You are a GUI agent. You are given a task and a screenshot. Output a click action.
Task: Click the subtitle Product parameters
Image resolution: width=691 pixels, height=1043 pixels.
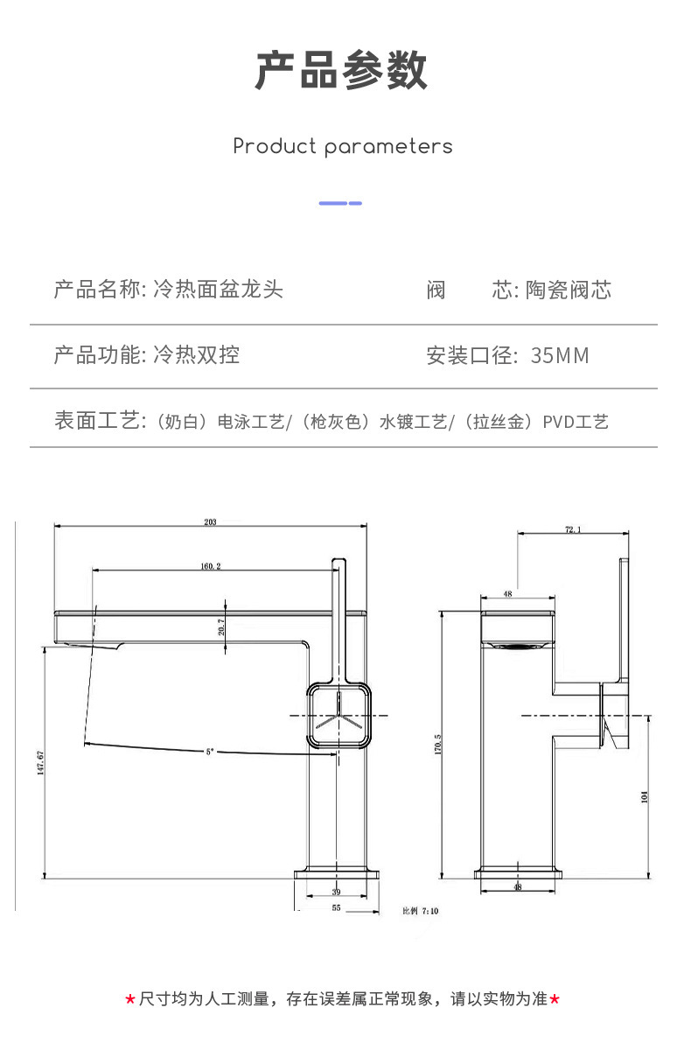click(343, 146)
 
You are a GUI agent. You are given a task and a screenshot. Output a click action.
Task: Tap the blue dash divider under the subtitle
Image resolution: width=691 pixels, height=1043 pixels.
click(340, 203)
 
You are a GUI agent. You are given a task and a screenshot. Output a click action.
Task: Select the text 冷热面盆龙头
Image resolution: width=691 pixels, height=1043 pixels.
click(218, 290)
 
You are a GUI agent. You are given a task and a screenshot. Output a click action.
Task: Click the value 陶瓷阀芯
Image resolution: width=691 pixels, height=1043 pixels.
click(568, 290)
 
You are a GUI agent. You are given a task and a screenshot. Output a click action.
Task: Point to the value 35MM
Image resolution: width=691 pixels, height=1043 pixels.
click(560, 355)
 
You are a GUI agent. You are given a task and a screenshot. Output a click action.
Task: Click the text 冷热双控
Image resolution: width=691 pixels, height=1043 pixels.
click(196, 355)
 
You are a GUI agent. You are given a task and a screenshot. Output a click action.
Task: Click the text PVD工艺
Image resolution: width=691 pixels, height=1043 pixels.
click(575, 423)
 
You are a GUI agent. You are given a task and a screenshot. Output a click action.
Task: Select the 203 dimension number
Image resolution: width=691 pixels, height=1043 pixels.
click(210, 522)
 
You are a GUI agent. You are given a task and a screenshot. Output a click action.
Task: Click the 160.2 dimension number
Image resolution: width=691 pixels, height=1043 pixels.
click(210, 566)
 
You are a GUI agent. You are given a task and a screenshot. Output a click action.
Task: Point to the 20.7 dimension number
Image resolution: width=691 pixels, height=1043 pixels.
click(220, 626)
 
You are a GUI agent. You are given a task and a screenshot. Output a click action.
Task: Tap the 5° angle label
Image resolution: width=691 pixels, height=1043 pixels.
click(210, 751)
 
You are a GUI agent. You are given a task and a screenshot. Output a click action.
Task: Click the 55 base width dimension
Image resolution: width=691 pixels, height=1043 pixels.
click(337, 908)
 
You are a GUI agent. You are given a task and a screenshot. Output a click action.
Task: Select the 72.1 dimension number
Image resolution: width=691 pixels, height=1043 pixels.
click(573, 529)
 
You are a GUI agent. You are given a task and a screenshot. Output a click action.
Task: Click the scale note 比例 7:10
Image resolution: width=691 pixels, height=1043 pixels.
click(420, 911)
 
